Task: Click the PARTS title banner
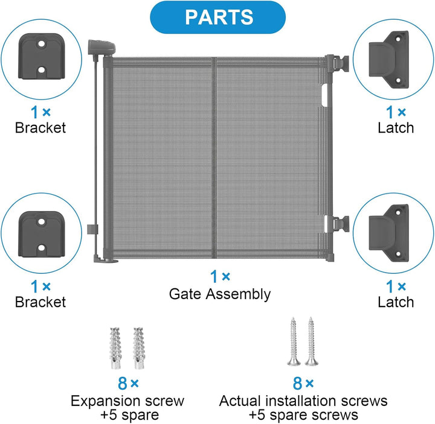pos(217,17)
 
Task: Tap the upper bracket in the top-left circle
pos(42,57)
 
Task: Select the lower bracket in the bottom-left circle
pos(42,234)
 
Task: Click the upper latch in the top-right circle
pos(389,59)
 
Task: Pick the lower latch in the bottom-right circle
pos(389,233)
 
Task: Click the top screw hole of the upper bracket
pos(41,44)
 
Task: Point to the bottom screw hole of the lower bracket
pos(41,248)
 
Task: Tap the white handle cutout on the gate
pos(324,95)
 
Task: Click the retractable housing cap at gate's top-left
pos(101,47)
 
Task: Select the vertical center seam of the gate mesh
pos(213,158)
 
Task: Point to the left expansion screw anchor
pos(115,348)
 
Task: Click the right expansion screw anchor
pos(138,348)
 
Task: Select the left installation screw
pos(294,341)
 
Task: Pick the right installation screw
pos(311,341)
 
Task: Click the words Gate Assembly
pos(220,294)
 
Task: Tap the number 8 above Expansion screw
pos(122,384)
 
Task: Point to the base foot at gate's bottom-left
pos(106,260)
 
